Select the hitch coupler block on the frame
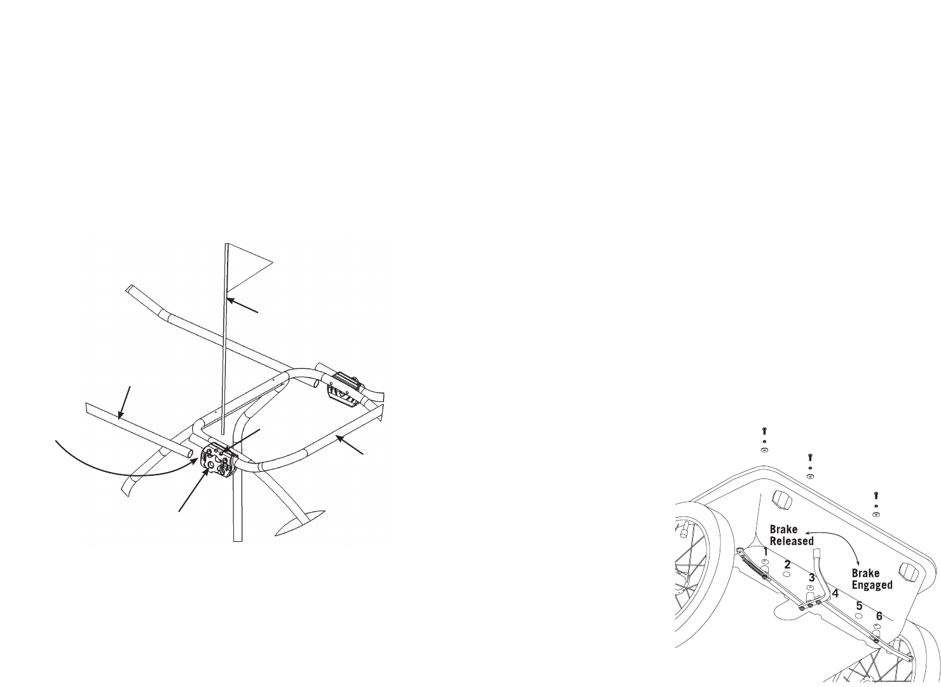pos(217,459)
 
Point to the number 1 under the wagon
pos(766,552)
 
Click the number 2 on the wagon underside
pos(787,564)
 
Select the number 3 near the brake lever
pos(812,578)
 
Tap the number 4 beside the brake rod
pos(835,593)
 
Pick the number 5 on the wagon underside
pos(859,606)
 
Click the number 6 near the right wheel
pos(879,616)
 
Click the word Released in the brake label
pos(792,541)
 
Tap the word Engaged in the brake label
pos(872,585)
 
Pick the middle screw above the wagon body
pos(809,457)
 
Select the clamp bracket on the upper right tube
pos(344,389)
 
